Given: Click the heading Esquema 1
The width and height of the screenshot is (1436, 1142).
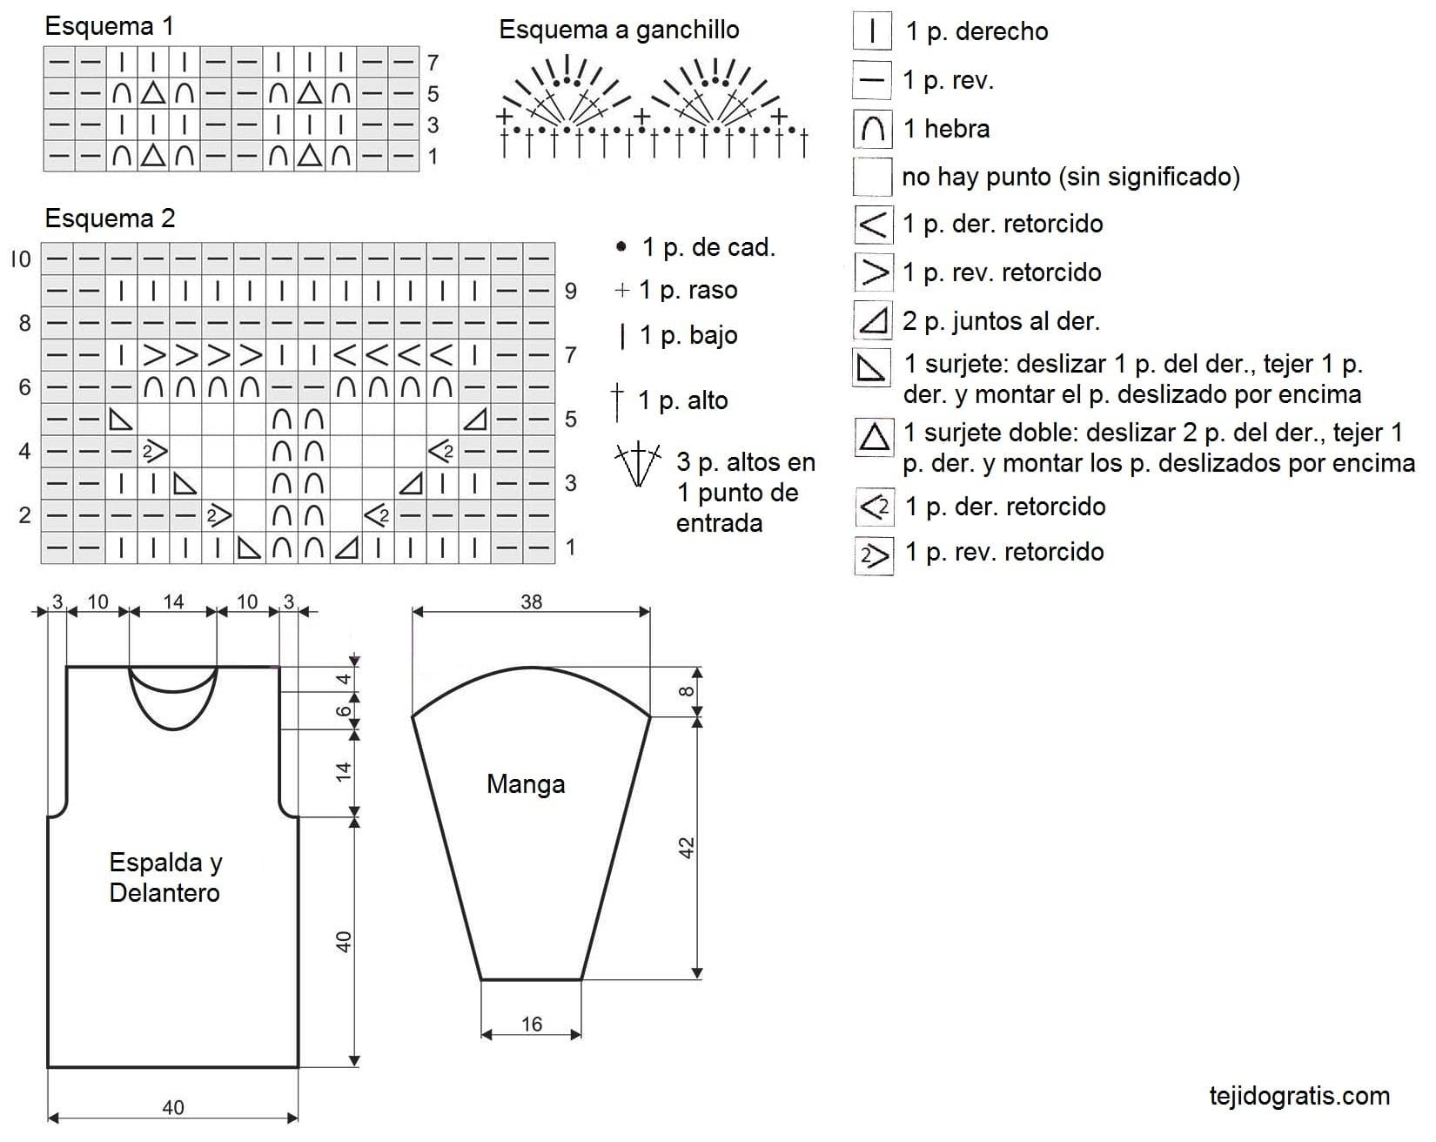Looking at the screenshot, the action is [109, 26].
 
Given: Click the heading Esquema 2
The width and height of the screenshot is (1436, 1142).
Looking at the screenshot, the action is [110, 218].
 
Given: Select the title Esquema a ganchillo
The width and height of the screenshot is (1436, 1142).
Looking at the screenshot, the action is [619, 30].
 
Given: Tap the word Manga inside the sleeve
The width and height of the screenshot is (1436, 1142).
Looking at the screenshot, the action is [526, 784].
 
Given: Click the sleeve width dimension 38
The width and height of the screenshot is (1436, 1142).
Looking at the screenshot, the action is [531, 601].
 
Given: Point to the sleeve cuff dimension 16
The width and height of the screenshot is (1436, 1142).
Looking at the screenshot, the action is [531, 1024].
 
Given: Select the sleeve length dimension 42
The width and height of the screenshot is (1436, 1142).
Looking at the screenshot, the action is [686, 848].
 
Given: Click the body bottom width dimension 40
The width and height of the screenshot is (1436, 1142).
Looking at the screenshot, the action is [173, 1107].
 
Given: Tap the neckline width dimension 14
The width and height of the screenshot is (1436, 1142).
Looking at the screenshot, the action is [173, 601].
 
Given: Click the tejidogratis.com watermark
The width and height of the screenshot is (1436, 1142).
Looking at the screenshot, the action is [1299, 1096].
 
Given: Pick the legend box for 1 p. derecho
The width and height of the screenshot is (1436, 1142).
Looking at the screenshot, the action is [872, 31].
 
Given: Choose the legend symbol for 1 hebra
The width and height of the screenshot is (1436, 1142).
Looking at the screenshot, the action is [872, 129].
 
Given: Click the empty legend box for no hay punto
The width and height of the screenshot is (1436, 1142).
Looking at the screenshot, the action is [872, 177].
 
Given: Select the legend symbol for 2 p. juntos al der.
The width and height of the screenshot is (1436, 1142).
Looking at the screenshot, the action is [872, 320].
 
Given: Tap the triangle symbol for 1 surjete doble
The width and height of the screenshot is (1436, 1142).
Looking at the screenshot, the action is [873, 435].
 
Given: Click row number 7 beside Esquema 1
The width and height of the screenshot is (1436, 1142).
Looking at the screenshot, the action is [433, 63].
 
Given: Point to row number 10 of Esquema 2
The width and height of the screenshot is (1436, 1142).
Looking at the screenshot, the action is [21, 259].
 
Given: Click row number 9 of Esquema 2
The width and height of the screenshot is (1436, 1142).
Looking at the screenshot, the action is [571, 291].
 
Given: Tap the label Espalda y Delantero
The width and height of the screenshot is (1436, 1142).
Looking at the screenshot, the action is [165, 877].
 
